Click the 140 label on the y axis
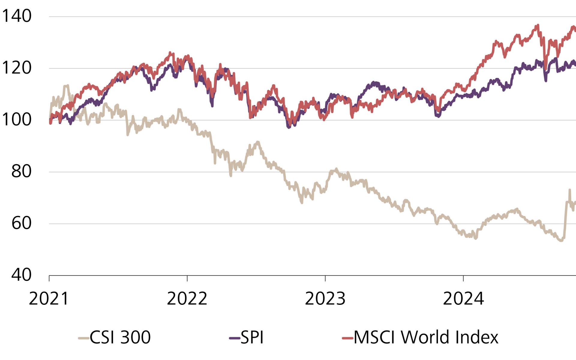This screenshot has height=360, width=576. pyautogui.click(x=17, y=16)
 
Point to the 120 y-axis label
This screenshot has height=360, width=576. pyautogui.click(x=17, y=68)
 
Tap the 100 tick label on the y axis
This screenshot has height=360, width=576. pyautogui.click(x=17, y=120)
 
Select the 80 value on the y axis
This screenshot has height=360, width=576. pyautogui.click(x=21, y=171)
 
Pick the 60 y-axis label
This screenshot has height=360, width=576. pyautogui.click(x=21, y=223)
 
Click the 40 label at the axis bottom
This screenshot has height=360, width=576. pyautogui.click(x=21, y=275)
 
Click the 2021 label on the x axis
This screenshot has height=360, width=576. pyautogui.click(x=49, y=299)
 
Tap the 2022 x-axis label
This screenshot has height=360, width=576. pyautogui.click(x=187, y=299)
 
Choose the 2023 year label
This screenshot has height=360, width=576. pyautogui.click(x=325, y=299)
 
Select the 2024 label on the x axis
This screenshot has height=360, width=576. pyautogui.click(x=463, y=299)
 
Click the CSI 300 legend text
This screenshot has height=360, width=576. pyautogui.click(x=120, y=337)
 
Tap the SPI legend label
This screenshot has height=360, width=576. pyautogui.click(x=252, y=337)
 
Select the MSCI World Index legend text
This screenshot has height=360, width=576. pyautogui.click(x=426, y=337)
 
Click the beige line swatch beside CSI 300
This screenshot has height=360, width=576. pyautogui.click(x=83, y=338)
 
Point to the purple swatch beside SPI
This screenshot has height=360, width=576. pyautogui.click(x=234, y=338)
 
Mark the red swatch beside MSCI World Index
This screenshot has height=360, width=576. pyautogui.click(x=347, y=338)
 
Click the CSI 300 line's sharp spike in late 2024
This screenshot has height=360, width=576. pyautogui.click(x=569, y=190)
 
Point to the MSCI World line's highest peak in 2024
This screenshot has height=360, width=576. pyautogui.click(x=538, y=25)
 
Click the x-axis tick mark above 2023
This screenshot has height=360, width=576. pyautogui.click(x=325, y=278)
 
